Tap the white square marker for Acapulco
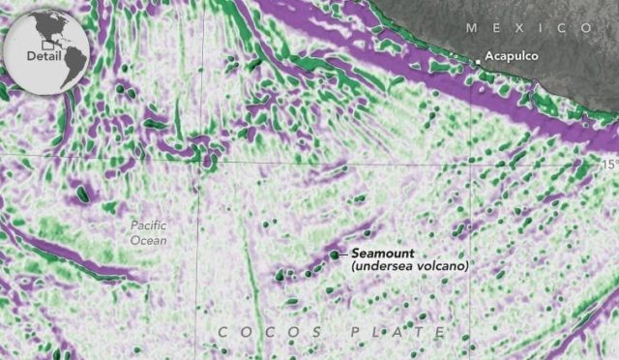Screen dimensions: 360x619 (x=477, y=62)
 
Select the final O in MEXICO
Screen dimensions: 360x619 (x=589, y=28)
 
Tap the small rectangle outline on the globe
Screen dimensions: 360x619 (x=44, y=43)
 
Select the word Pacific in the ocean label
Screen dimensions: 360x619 (x=149, y=225)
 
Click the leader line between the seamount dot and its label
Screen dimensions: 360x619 (x=344, y=254)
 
